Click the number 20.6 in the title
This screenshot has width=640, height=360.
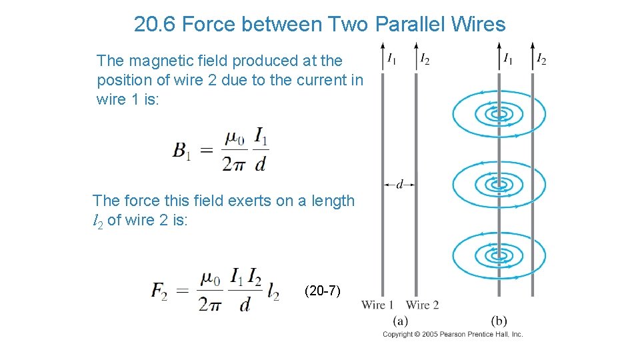click(x=155, y=25)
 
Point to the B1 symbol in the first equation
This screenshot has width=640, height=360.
click(x=182, y=151)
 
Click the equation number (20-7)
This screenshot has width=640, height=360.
click(x=322, y=291)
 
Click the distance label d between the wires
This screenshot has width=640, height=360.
click(x=399, y=184)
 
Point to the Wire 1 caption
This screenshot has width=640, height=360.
click(x=377, y=305)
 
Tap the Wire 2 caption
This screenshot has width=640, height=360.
click(x=422, y=305)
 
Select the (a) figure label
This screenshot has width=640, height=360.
click(x=401, y=321)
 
